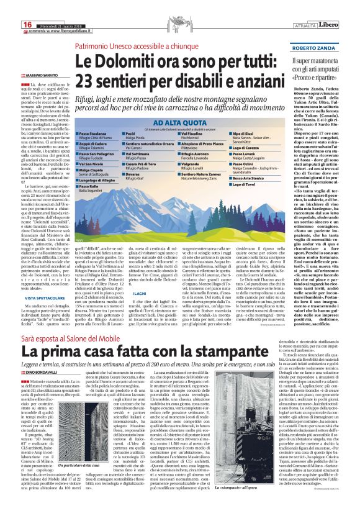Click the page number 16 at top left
10,6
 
